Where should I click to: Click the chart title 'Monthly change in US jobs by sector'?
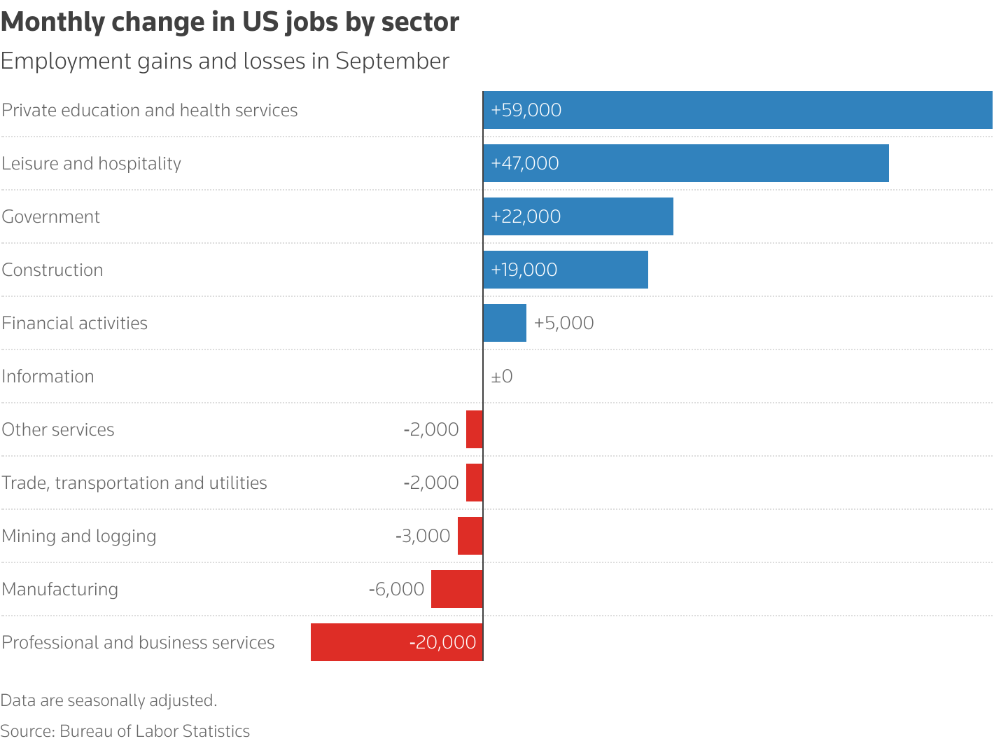[230, 22]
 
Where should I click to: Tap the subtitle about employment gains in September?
[225, 61]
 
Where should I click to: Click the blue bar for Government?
[616, 216]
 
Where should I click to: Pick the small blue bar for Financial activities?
[505, 323]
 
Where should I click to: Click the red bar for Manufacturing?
[456, 589]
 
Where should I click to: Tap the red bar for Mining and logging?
[470, 536]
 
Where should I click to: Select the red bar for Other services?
[474, 429]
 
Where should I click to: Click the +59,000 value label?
[526, 110]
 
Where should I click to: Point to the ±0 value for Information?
[502, 376]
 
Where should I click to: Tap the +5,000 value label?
[563, 323]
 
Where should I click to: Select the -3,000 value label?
[423, 536]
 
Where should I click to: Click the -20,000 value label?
[443, 642]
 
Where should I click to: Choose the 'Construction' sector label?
[52, 270]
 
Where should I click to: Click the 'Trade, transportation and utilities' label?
[134, 483]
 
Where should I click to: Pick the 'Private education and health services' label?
[150, 110]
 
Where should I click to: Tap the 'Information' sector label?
[48, 376]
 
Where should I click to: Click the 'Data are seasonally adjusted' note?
[108, 700]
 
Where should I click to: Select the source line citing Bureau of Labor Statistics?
[125, 731]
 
